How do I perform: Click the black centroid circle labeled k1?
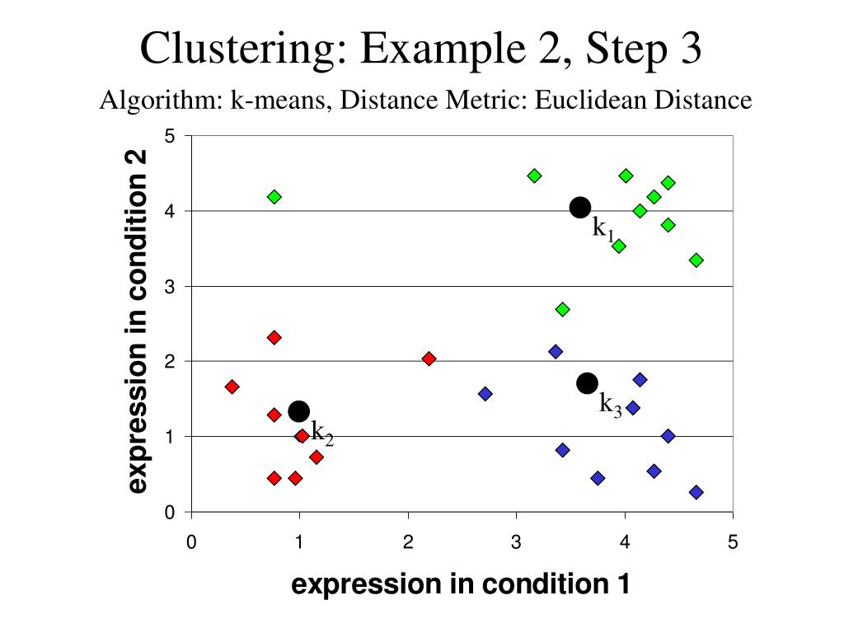pos(580,207)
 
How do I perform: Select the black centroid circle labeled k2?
pos(299,410)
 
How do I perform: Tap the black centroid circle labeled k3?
pos(587,382)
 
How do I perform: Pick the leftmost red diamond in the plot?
pos(232,387)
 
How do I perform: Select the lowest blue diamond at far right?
pos(696,492)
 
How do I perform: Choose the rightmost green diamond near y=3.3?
pos(696,260)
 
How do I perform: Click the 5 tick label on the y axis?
pos(170,136)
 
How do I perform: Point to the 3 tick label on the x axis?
pos(516,542)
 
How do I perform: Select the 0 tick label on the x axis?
pos(191,542)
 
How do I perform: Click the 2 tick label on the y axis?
pos(170,362)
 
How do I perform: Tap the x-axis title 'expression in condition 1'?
pos(461,584)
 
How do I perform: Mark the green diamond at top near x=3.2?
pos(534,176)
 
